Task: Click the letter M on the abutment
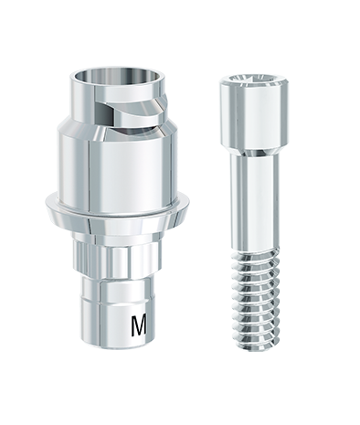tap(139, 326)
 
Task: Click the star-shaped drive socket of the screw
tap(253, 80)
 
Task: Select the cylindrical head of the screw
tap(253, 112)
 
